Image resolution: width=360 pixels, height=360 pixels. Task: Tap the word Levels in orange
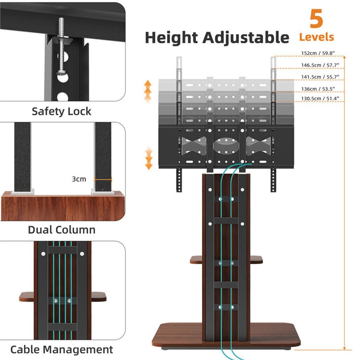point(316,37)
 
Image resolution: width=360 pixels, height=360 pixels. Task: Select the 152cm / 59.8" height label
point(318,53)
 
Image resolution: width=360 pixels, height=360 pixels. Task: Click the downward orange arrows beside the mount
point(149,158)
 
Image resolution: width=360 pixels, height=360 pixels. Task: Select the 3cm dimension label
point(79,179)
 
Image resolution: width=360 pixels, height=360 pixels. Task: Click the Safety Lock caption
point(61,112)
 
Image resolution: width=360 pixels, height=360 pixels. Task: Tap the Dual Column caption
point(61,230)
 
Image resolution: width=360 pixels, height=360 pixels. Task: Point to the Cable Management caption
point(61,349)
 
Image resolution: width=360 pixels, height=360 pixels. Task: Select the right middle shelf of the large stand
point(256,260)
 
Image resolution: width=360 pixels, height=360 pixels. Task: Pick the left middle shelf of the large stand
point(196,260)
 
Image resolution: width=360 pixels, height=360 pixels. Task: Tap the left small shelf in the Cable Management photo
point(27,297)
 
